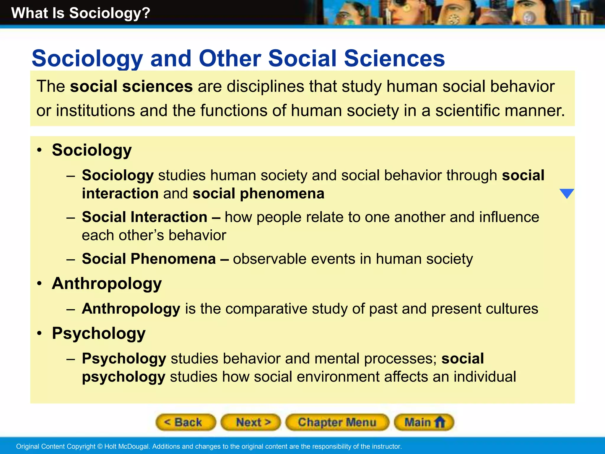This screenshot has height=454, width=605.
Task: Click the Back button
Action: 186,422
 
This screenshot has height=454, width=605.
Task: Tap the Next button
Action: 251,422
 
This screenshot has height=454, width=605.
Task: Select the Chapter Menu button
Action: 337,422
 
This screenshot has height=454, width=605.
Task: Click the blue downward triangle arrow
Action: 567,194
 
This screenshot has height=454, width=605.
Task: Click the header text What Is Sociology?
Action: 81,13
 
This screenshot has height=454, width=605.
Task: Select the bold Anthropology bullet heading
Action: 107,283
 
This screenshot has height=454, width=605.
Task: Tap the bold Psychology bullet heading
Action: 99,333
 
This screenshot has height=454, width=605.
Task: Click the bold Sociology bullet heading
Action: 92,150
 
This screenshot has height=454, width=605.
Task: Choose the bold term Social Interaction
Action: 144,217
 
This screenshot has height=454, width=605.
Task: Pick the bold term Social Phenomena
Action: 149,259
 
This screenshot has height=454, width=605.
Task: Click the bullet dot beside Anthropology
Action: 40,283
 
